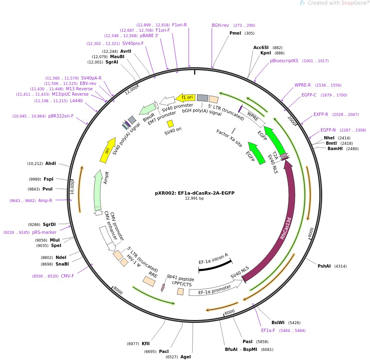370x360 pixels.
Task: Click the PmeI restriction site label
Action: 235,33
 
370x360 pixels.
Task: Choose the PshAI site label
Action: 324,266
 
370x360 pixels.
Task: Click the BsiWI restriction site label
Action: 278,322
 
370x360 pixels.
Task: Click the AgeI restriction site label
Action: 185,357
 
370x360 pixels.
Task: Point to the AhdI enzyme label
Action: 50,163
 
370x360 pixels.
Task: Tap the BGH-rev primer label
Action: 220,25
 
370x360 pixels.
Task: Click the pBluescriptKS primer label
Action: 284,61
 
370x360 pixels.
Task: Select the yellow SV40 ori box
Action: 170,123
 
